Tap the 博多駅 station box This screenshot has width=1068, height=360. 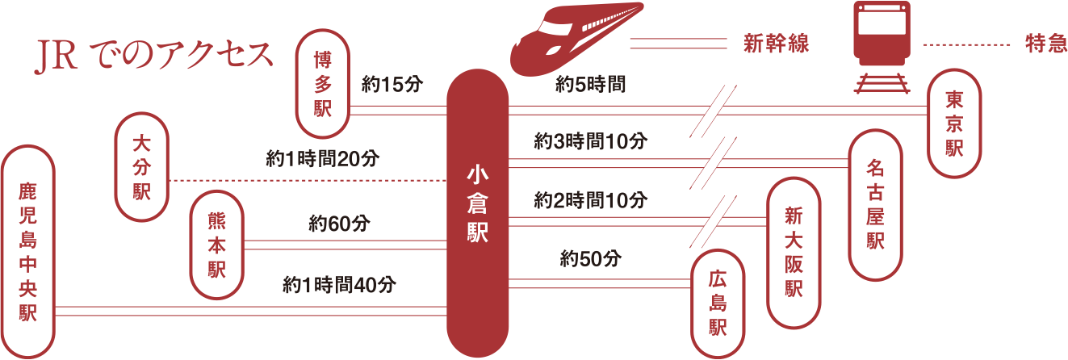(323, 84)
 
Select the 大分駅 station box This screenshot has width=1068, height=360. (142, 167)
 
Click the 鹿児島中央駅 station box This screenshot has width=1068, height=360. (28, 252)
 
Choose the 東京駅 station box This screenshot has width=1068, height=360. (954, 123)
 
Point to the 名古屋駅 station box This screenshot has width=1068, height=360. (875, 204)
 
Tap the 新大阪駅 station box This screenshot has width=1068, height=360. (793, 251)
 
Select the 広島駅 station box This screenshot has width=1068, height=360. (718, 303)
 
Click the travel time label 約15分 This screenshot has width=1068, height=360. (392, 86)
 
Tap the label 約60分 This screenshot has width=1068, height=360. (339, 224)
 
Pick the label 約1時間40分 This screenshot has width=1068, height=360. (339, 284)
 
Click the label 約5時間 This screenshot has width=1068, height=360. (590, 84)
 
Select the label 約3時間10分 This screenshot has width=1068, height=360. (590, 142)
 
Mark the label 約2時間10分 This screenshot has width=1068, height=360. (590, 200)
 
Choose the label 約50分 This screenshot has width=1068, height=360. (590, 259)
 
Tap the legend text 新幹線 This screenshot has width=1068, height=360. (776, 44)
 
